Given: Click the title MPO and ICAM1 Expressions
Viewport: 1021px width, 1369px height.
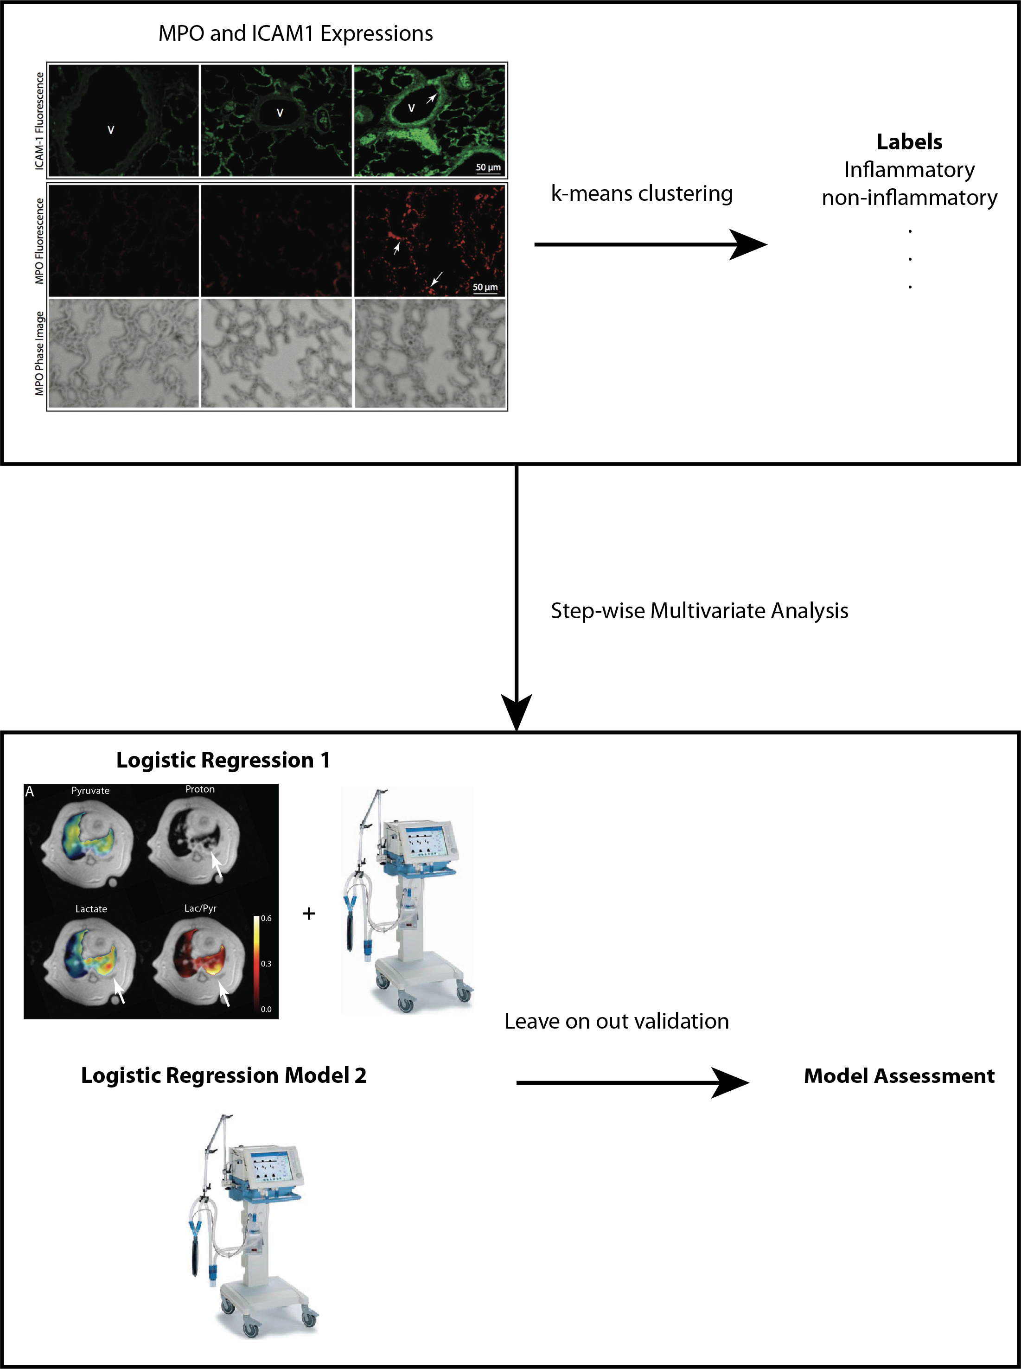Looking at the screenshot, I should coord(295,33).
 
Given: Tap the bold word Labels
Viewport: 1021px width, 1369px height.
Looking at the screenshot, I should coord(909,142).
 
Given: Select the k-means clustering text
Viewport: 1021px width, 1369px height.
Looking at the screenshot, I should coord(642,193).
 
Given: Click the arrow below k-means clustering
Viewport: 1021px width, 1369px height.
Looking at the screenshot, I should coord(649,245).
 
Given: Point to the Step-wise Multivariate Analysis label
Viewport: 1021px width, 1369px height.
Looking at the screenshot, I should coord(699,611).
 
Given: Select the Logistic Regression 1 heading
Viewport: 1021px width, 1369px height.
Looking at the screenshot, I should coord(223,760).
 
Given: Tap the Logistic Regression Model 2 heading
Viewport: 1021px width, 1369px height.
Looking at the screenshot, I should coord(224,1075).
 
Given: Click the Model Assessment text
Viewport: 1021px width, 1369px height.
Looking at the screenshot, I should coord(899,1076).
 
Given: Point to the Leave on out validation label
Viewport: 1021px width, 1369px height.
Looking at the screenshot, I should coord(616,1021).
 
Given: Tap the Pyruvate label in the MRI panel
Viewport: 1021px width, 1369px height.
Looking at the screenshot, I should coord(90,791).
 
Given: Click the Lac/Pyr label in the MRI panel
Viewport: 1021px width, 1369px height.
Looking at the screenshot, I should coord(200,908).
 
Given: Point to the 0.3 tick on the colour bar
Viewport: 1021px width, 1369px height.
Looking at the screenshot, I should coord(266,964).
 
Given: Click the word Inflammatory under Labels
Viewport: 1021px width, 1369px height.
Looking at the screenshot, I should coord(909,170).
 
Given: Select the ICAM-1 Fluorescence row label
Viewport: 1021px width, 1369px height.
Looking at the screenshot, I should coord(39,121).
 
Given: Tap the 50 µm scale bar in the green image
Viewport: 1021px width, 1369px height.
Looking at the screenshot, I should coord(488,168).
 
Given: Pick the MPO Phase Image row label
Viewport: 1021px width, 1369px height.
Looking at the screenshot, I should coord(39,353).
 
